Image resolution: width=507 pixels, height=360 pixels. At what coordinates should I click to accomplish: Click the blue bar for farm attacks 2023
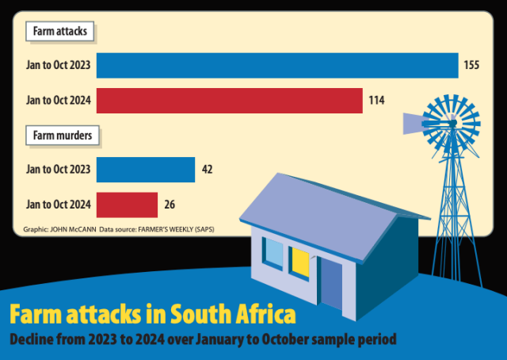[x=277, y=65]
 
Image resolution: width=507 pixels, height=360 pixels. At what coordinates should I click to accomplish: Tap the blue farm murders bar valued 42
[x=146, y=170]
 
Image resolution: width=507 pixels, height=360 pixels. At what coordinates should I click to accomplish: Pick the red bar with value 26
[x=127, y=205]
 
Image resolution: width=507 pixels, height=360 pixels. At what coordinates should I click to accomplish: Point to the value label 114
[x=376, y=101]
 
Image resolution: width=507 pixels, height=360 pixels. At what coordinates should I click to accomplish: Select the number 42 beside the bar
[x=207, y=170]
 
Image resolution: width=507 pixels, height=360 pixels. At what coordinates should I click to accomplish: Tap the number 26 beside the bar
[x=170, y=205]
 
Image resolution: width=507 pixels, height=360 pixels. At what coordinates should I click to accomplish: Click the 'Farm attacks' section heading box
[x=61, y=33]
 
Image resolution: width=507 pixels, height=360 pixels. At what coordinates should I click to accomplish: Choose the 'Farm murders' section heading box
[x=63, y=136]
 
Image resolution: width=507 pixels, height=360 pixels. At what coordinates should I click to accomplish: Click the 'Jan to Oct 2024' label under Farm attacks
[x=58, y=101]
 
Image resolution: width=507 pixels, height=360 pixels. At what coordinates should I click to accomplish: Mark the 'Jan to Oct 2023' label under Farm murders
[x=58, y=170]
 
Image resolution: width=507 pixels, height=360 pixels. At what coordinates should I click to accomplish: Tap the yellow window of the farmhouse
[x=299, y=262]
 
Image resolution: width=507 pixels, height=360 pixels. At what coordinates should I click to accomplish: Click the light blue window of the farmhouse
[x=273, y=253]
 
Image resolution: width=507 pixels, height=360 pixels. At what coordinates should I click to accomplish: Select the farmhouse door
[x=331, y=283]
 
